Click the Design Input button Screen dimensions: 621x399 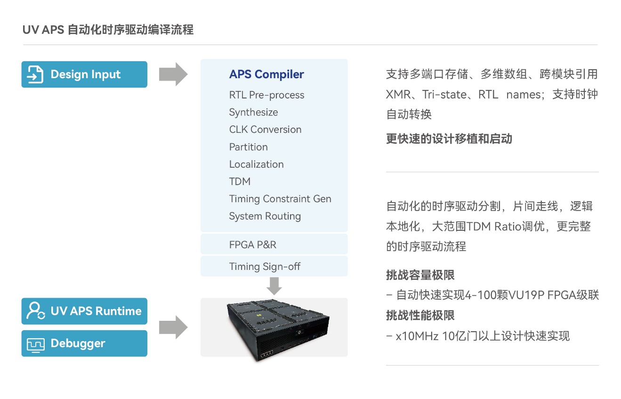point(84,74)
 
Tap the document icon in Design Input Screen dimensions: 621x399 point(35,74)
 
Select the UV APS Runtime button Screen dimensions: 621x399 point(84,311)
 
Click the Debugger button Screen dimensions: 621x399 point(84,343)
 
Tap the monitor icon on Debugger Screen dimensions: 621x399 point(35,345)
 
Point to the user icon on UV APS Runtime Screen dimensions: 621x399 point(35,311)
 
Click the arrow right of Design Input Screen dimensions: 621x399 point(173,74)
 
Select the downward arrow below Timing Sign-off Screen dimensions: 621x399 point(274,286)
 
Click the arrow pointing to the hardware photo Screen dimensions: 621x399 point(173,327)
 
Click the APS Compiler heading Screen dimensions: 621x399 point(266,74)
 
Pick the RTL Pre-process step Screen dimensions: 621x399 point(266,95)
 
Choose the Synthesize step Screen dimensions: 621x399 point(253,113)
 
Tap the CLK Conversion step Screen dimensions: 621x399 point(265,129)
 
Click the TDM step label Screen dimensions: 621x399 point(240,181)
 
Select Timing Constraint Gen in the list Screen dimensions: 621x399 point(280,199)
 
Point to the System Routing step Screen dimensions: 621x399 point(265,216)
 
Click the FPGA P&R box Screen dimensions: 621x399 point(274,244)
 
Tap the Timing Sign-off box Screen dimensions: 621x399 point(274,266)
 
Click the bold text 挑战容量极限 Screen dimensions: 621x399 point(420,275)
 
